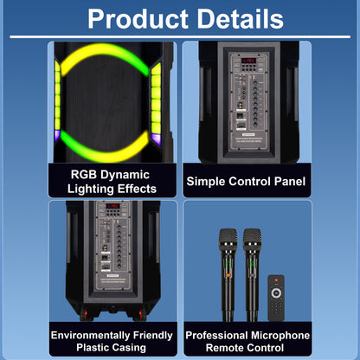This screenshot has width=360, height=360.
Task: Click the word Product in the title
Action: tap(138, 19)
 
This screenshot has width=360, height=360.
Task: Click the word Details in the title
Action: tap(241, 19)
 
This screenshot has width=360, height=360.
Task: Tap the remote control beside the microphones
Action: tap(276, 298)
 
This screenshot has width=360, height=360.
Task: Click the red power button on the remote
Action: tap(276, 280)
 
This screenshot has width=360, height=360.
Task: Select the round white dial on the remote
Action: tap(276, 293)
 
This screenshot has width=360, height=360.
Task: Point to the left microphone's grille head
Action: tap(228, 239)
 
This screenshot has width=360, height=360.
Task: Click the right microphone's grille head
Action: tap(252, 239)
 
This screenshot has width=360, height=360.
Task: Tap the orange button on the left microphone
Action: tap(228, 275)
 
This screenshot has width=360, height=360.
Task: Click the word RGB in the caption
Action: tap(84, 175)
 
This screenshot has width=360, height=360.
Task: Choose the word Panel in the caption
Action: tap(290, 182)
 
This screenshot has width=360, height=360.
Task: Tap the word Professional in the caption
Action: tap(216, 335)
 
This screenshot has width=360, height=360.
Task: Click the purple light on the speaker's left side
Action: tap(57, 136)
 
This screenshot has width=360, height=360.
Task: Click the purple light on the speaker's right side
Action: tap(156, 139)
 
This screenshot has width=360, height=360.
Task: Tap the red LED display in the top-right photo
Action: tap(248, 61)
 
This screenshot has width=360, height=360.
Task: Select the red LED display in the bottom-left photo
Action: tap(112, 206)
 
